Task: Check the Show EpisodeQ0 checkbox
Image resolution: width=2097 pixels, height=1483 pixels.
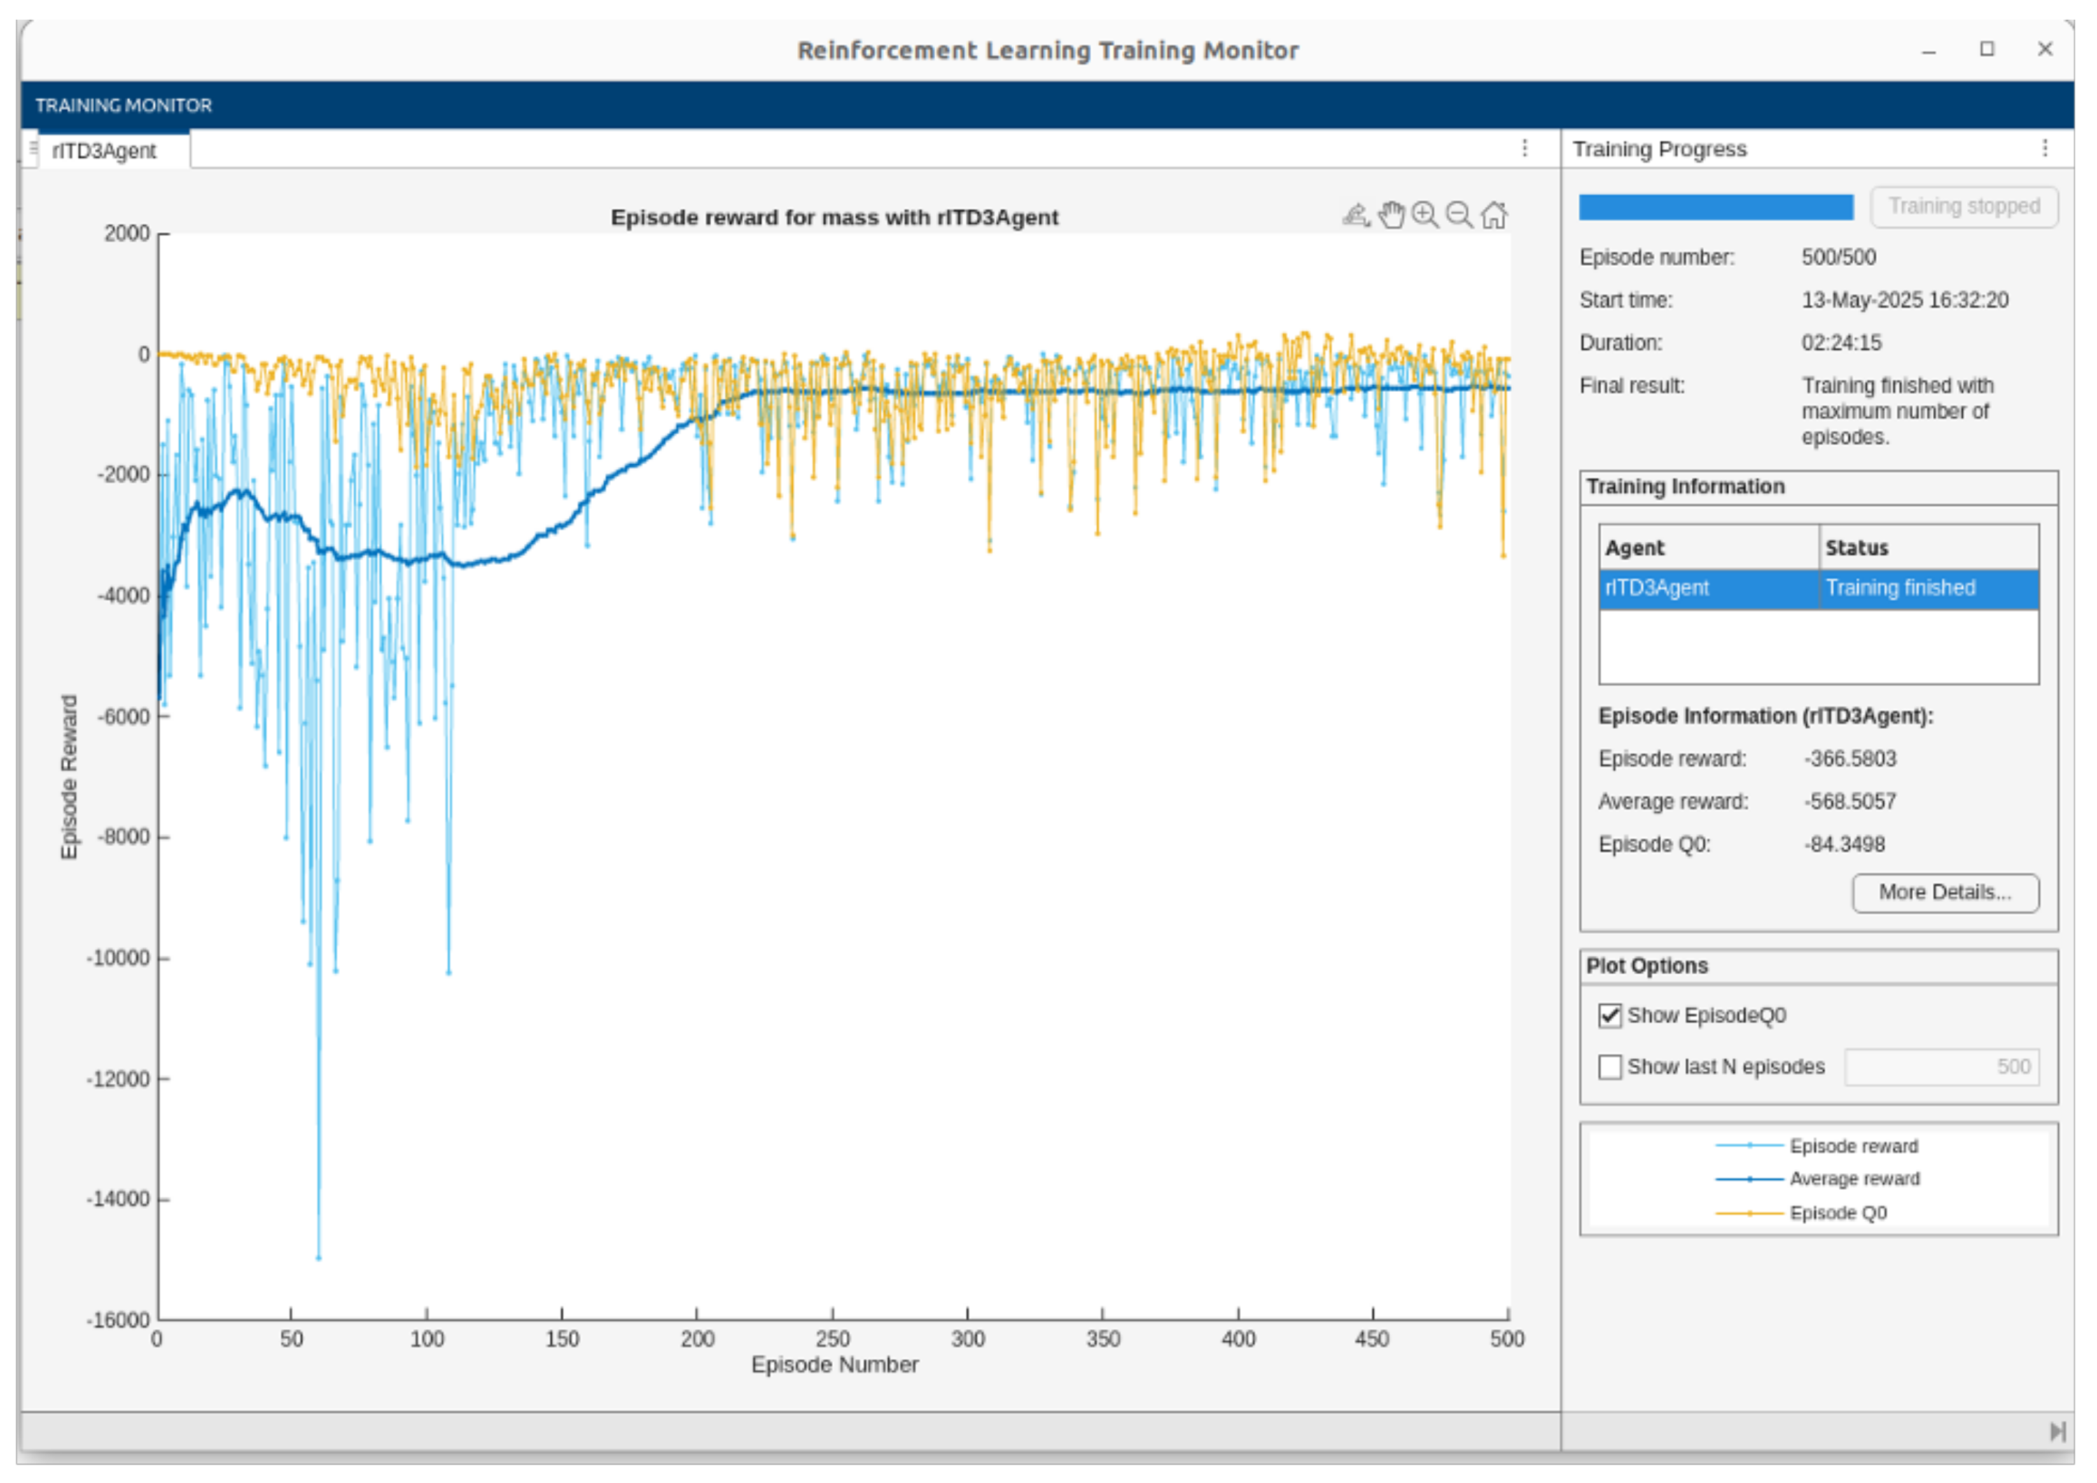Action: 1609,1016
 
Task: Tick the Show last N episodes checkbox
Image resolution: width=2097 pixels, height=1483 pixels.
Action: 1609,1066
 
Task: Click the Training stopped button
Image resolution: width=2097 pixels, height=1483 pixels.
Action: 1963,207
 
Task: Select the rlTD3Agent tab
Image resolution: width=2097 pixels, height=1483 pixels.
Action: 104,151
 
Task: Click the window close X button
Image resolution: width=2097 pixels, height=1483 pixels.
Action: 2045,50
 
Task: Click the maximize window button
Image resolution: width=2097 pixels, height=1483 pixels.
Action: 1986,50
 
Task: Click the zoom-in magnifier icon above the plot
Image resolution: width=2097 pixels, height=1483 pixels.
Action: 1425,216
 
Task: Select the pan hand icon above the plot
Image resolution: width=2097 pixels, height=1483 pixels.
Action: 1391,216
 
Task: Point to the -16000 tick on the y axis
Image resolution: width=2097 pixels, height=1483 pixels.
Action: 118,1320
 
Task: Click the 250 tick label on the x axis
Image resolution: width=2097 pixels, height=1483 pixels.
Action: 832,1340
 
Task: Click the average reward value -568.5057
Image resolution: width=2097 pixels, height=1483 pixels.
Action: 1850,802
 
